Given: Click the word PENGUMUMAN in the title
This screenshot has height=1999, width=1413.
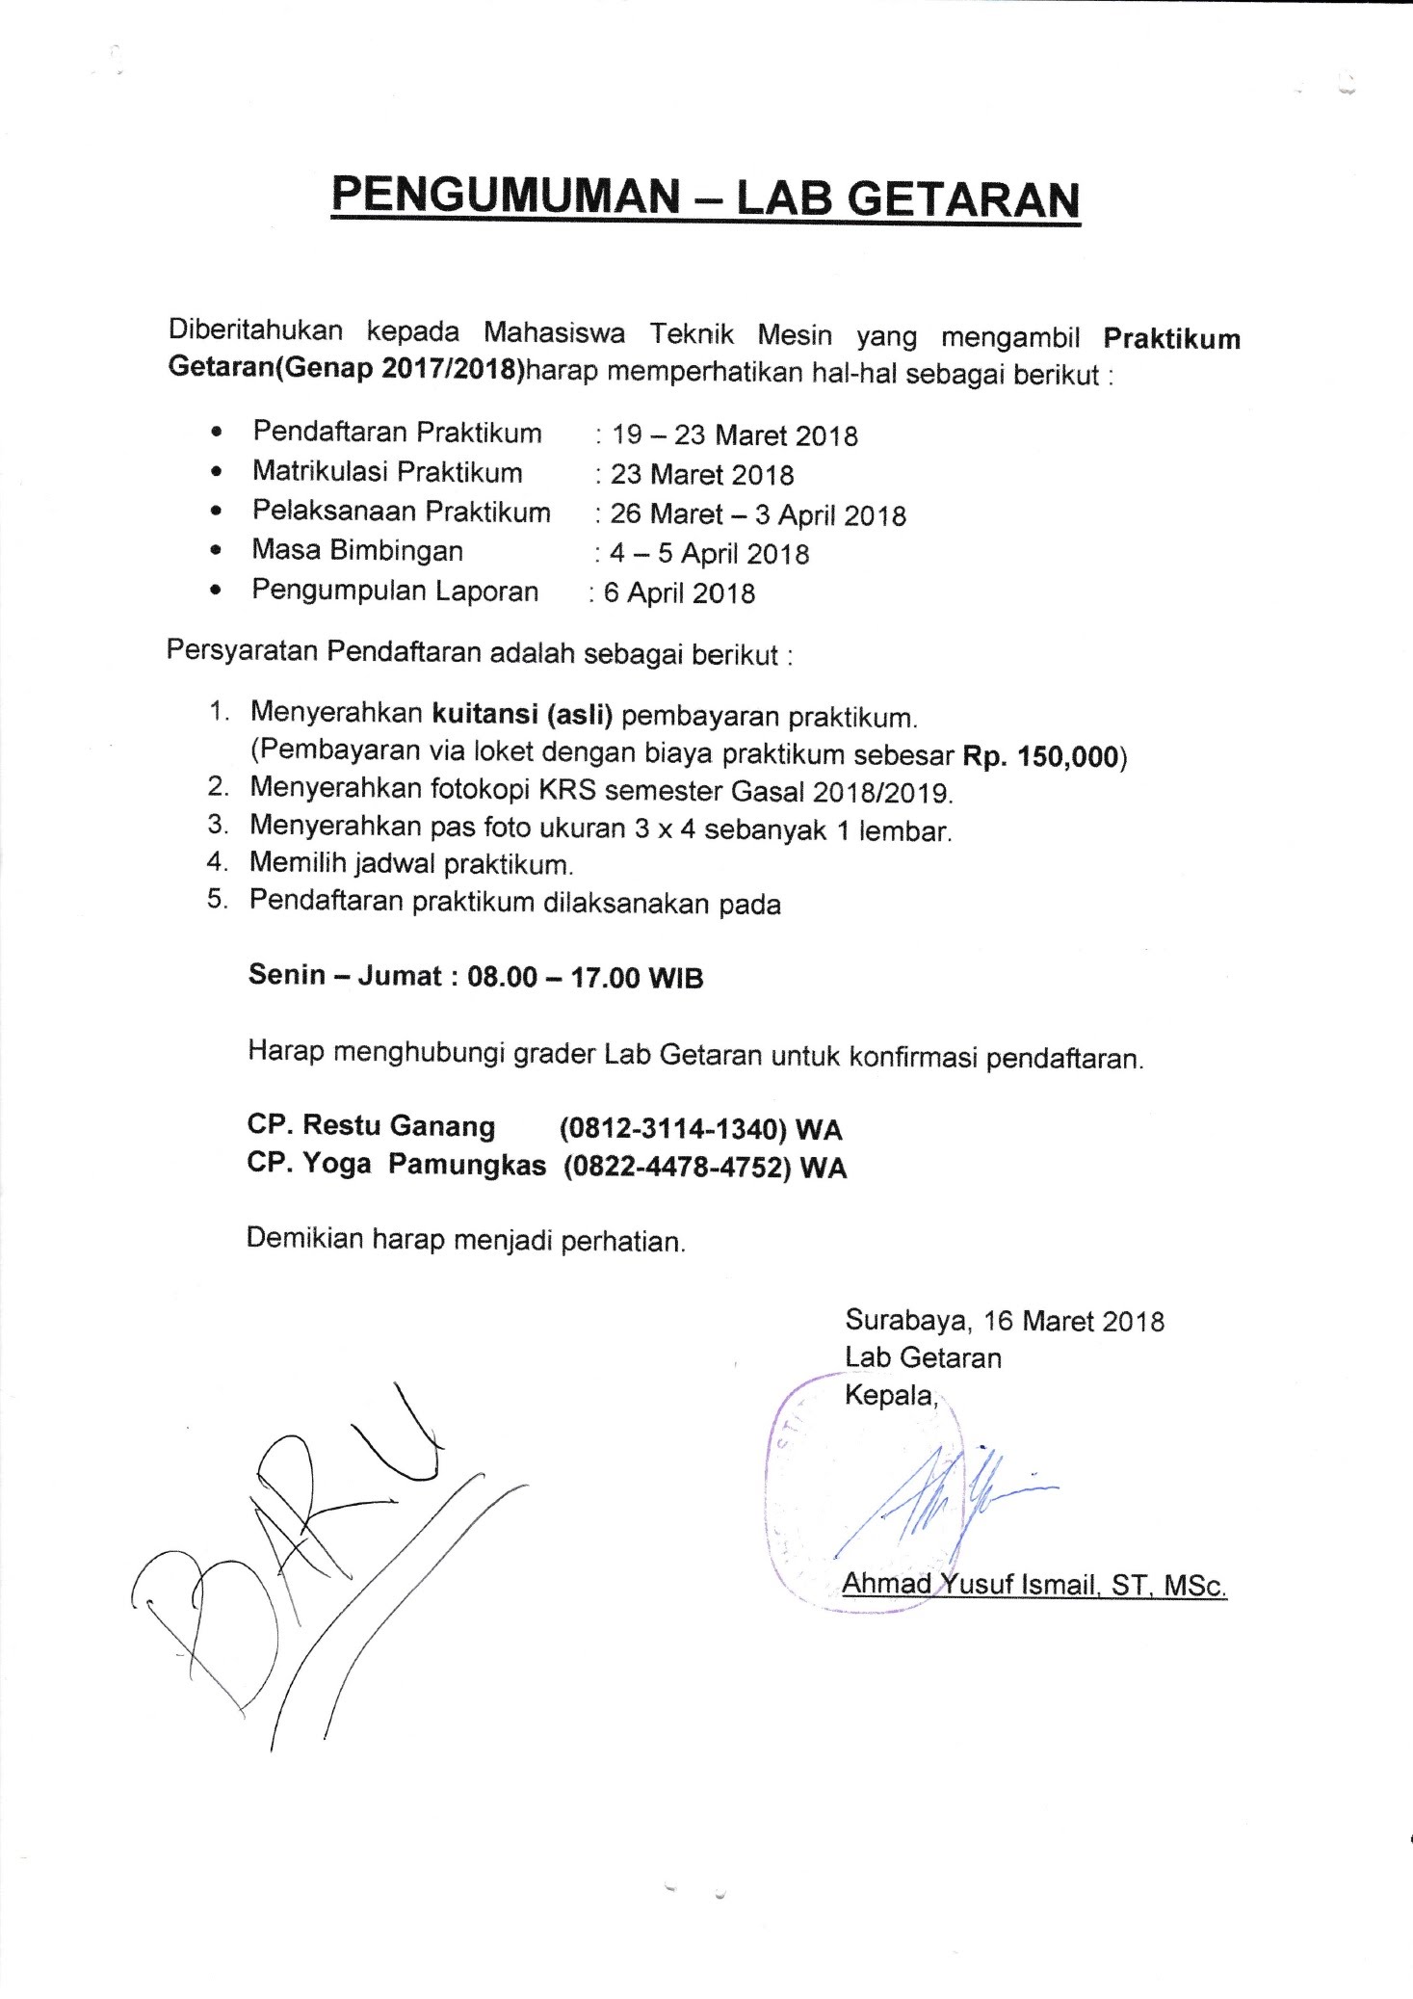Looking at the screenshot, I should [x=506, y=197].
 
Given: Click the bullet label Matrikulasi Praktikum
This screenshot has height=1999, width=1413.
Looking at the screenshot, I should [x=387, y=472].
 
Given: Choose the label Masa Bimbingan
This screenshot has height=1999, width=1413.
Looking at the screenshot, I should [x=357, y=551].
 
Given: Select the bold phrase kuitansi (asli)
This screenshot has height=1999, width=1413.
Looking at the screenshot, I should [x=522, y=715].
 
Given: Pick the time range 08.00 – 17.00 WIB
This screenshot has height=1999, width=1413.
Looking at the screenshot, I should [x=585, y=977].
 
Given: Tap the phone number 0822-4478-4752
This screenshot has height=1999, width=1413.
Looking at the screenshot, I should [x=677, y=1167].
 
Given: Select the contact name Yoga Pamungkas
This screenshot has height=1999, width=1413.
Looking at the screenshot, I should [x=424, y=1165].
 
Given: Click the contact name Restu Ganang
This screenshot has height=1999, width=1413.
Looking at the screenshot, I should [x=399, y=1125].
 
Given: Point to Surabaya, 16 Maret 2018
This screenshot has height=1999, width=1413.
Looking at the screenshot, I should [x=1005, y=1320].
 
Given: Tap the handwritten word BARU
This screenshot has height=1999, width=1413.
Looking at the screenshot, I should [x=289, y=1532].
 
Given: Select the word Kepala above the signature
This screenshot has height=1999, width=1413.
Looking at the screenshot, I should [x=890, y=1394].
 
